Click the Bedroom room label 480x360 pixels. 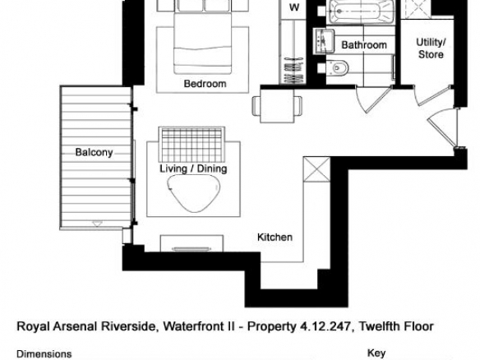tap(205, 84)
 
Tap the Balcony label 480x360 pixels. tap(94, 152)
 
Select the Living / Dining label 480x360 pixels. tap(193, 168)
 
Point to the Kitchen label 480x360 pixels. tap(275, 237)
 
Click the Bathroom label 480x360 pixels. tap(364, 45)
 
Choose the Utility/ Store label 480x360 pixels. tap(431, 48)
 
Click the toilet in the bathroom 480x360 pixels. tap(337, 68)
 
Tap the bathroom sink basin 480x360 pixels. tap(323, 41)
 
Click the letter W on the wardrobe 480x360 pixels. tap(294, 7)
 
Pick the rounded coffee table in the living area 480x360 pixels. tap(193, 193)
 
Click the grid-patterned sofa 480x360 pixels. tap(192, 144)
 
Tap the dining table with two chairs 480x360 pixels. tap(277, 105)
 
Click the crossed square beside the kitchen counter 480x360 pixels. tap(316, 169)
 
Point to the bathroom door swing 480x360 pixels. tap(374, 99)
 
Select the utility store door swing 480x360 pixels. tap(432, 95)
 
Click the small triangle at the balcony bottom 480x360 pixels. tap(97, 224)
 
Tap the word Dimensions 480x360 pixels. tap(44, 354)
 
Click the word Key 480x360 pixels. tap(376, 353)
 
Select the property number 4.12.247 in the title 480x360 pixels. tap(324, 326)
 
